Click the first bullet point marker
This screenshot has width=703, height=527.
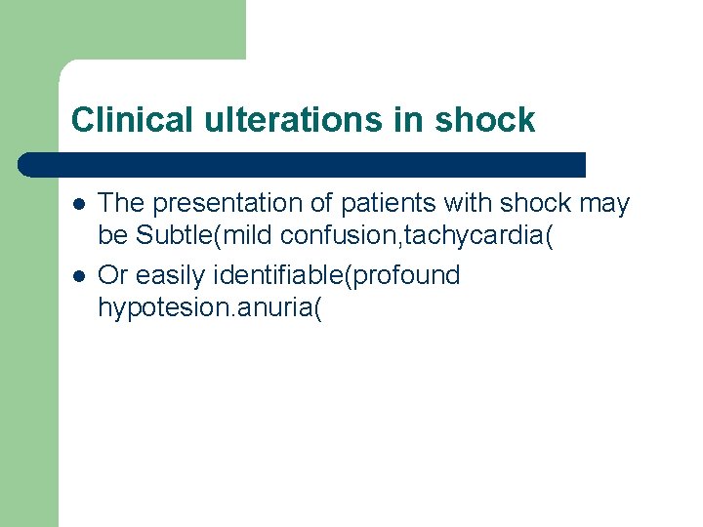[77, 204]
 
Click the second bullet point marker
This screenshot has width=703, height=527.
[77, 276]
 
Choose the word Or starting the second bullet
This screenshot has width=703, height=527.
[112, 275]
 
